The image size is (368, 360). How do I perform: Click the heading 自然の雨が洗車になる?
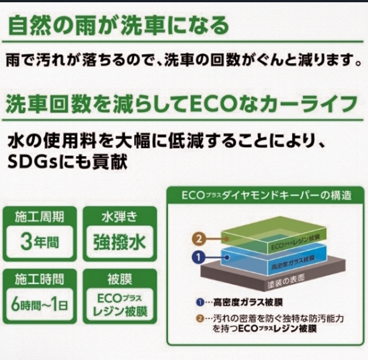[119, 25]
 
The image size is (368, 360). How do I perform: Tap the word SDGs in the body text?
[32, 161]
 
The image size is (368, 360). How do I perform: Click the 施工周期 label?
[40, 216]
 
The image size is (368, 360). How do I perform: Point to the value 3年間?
[40, 242]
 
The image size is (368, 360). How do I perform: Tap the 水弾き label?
[119, 216]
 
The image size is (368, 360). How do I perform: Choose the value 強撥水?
[119, 242]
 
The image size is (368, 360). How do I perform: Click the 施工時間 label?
[40, 279]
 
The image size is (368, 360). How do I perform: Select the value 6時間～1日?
[40, 305]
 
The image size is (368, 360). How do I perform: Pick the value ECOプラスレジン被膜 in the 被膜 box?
[120, 305]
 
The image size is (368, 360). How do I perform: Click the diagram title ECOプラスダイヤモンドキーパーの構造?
[266, 195]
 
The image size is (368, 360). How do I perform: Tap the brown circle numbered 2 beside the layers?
[198, 239]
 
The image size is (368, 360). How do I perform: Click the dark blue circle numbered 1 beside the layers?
[198, 258]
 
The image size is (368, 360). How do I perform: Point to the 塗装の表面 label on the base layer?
[286, 281]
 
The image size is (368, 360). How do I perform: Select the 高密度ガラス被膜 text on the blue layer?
[293, 263]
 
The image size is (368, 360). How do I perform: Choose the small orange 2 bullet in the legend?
[200, 319]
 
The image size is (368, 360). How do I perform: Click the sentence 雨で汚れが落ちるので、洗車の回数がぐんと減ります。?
[183, 60]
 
